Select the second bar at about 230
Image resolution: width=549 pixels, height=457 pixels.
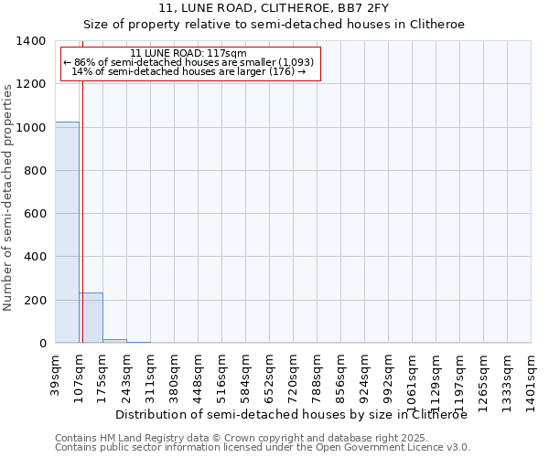tap(91, 318)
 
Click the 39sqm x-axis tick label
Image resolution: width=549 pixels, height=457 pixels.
tap(55, 375)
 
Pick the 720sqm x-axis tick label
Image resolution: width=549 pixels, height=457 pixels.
tap(293, 377)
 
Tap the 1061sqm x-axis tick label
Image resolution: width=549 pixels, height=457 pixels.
tap(412, 379)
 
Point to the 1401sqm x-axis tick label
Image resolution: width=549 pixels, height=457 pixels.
tap(531, 379)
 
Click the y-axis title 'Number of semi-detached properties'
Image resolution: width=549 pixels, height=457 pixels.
tap(9, 197)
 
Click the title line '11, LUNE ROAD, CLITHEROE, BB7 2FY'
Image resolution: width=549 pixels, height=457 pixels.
tap(274, 9)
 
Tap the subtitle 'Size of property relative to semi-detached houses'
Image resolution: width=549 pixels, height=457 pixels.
tap(274, 25)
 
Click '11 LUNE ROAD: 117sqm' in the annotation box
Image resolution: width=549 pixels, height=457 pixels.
tap(188, 54)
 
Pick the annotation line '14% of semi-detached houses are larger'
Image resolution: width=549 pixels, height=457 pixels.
tap(188, 71)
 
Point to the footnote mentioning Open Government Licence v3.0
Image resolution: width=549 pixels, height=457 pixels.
tap(262, 448)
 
